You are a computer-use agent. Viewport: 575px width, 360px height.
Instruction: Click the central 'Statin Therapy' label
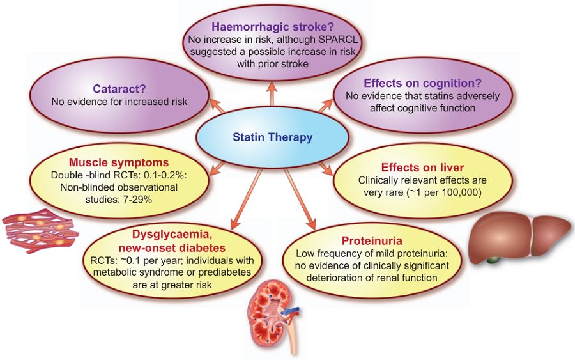pos(272,136)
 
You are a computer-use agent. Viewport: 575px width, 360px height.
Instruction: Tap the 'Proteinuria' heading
pos(371,241)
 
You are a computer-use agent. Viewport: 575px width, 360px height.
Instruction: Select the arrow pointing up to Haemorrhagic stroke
pos(272,90)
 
